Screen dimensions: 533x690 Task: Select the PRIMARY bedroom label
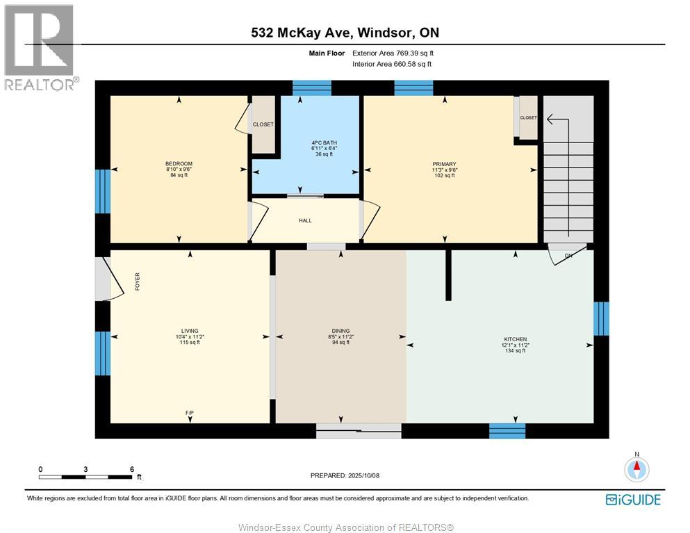(x=443, y=164)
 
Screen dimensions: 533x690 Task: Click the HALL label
(x=305, y=221)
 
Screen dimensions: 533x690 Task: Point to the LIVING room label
(x=189, y=331)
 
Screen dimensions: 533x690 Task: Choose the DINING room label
(x=340, y=331)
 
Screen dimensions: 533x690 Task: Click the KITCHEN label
(x=515, y=339)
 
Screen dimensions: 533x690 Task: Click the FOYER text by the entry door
(x=137, y=281)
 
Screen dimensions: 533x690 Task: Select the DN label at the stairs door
(x=568, y=256)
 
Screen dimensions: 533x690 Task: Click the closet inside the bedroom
(x=263, y=125)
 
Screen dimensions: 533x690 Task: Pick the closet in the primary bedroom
(x=527, y=118)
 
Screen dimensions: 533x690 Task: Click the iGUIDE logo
(x=632, y=499)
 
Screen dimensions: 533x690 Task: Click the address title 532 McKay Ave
(x=345, y=33)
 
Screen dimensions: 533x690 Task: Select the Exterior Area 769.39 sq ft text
(x=393, y=53)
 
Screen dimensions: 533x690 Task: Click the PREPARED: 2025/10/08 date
(x=345, y=475)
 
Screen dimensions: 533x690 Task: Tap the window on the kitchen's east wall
(x=601, y=319)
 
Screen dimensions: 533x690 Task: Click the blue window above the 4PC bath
(x=312, y=88)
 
